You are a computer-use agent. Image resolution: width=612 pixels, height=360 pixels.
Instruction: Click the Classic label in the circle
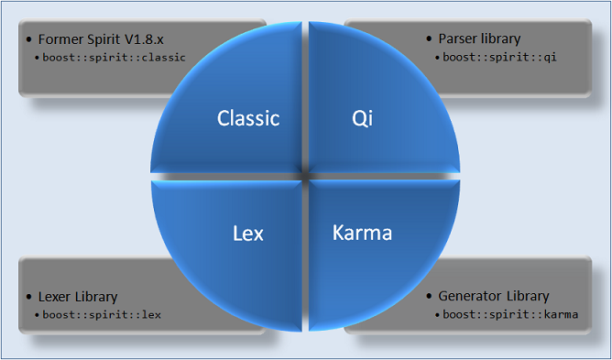point(247,118)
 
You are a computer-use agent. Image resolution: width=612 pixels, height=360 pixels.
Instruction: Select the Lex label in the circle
point(248,234)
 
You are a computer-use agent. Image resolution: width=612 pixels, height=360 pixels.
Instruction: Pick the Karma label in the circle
point(361,233)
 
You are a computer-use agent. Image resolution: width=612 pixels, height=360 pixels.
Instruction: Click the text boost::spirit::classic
point(115,57)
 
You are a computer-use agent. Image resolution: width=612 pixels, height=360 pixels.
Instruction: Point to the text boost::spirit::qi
point(500,57)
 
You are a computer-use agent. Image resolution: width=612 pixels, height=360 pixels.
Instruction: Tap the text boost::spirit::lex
point(102,314)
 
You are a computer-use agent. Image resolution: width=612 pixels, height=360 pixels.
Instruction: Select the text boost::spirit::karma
point(510,314)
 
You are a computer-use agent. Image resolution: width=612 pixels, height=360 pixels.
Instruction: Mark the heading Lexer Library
point(78,297)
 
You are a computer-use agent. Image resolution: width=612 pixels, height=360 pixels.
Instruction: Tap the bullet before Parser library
point(430,39)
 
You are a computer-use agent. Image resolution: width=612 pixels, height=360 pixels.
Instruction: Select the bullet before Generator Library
point(430,296)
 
